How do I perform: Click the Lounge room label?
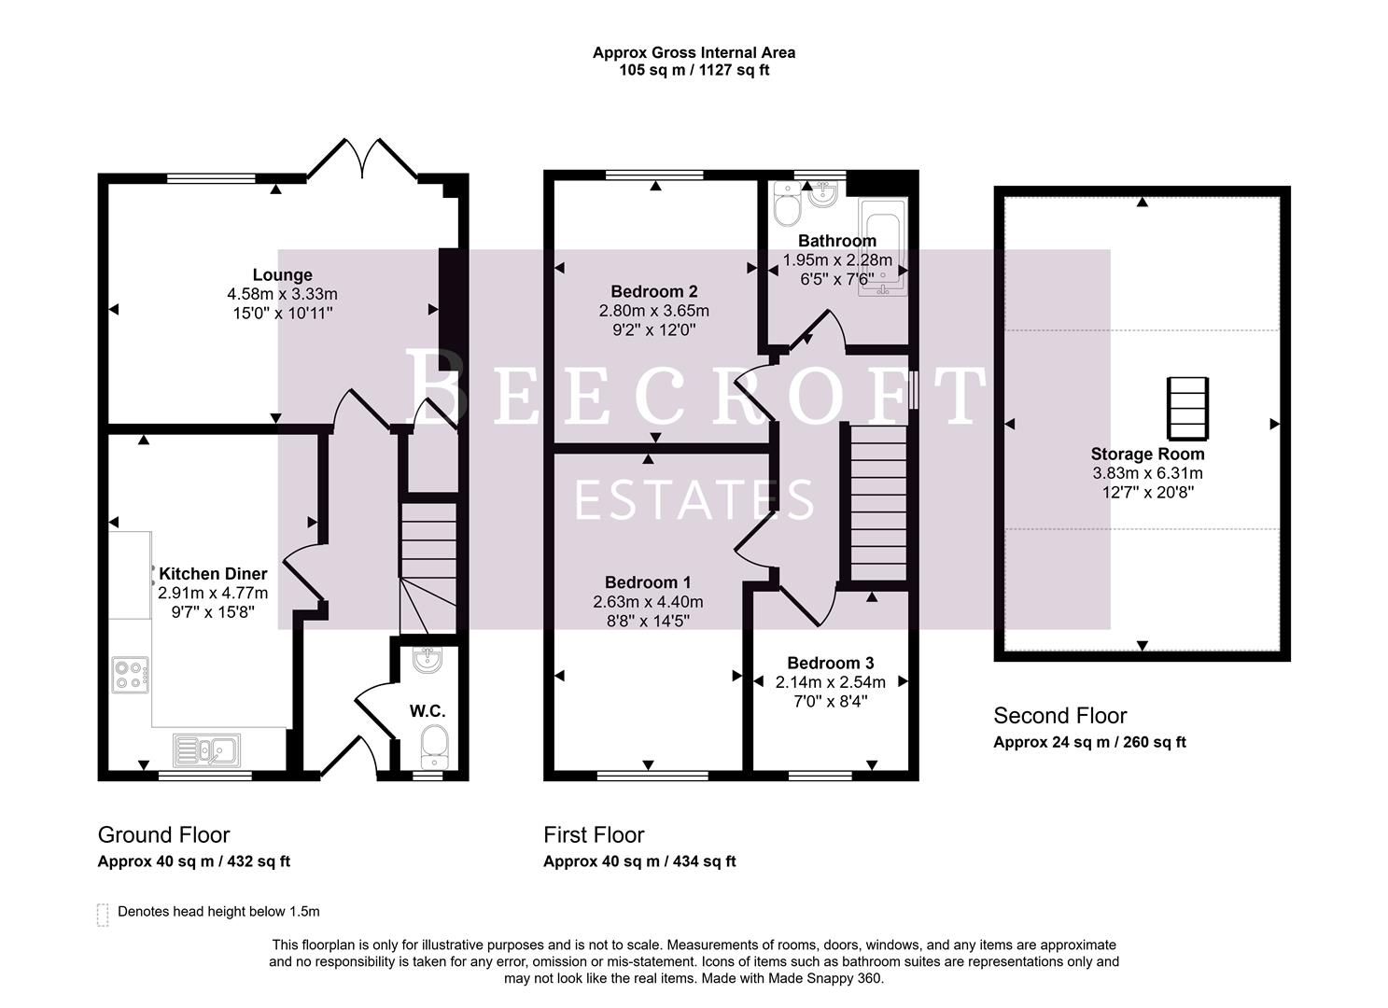(x=282, y=275)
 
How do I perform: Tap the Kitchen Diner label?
(x=213, y=574)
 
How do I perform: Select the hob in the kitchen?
(x=131, y=675)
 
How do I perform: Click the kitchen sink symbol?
(x=206, y=749)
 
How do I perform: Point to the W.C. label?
(x=427, y=711)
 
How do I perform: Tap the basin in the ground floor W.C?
(x=428, y=660)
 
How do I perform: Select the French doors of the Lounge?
(x=362, y=159)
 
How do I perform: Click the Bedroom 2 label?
(x=653, y=291)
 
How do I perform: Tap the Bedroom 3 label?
(x=830, y=664)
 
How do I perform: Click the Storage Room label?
(x=1147, y=455)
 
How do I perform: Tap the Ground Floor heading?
(x=163, y=834)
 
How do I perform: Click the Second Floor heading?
(x=1059, y=716)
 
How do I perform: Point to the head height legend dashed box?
(x=103, y=914)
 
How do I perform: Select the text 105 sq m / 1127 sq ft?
(x=694, y=70)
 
